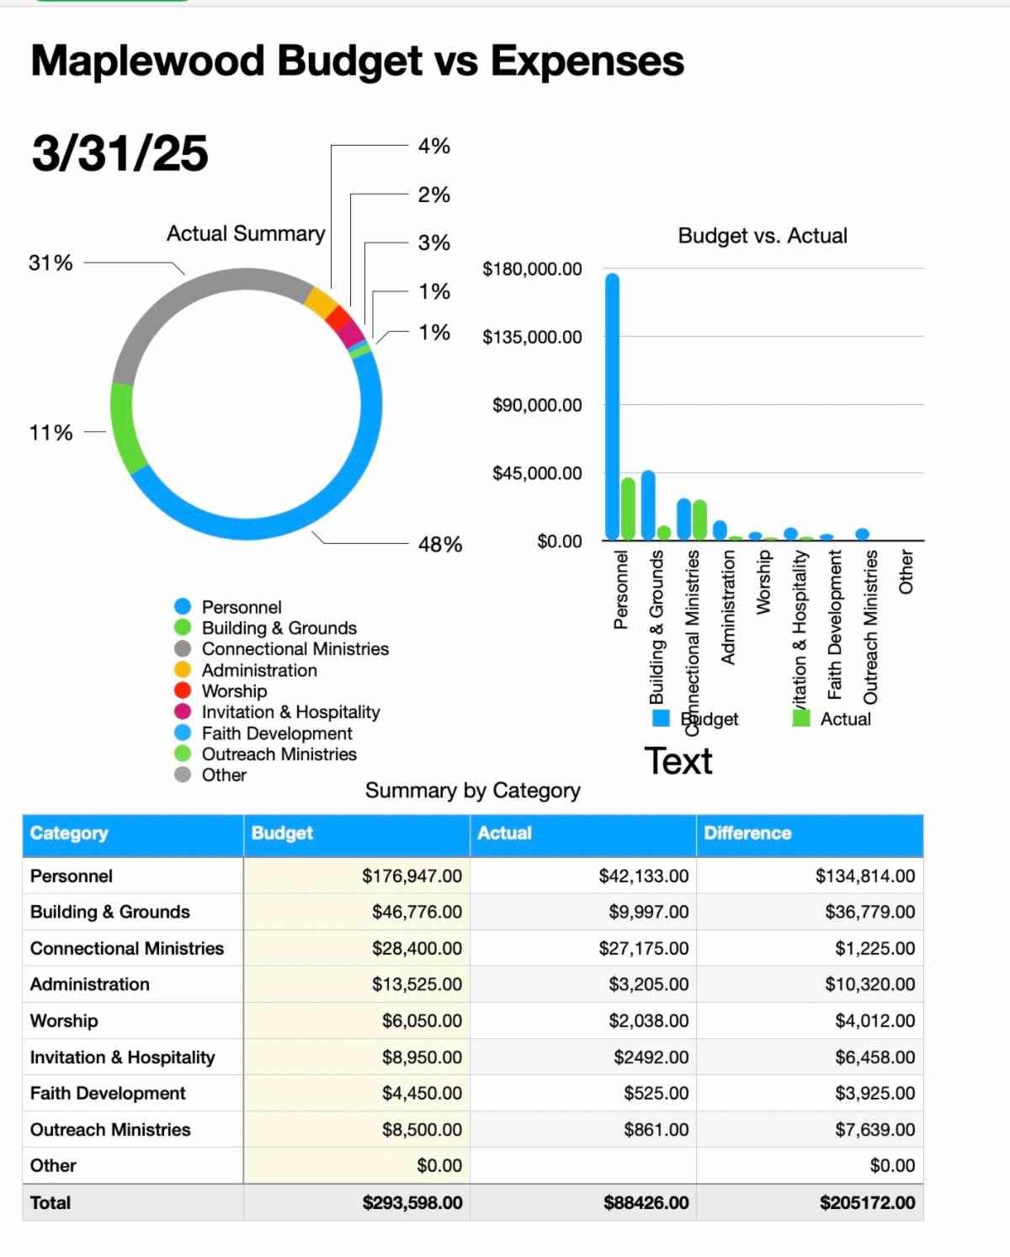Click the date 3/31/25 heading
(x=120, y=153)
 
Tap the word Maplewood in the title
(x=147, y=61)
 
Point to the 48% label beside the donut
(x=440, y=545)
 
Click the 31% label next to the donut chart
(x=50, y=264)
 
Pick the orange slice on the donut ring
(x=320, y=301)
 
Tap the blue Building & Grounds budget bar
(x=648, y=505)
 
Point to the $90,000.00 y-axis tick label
(x=537, y=405)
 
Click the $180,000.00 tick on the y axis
(x=532, y=269)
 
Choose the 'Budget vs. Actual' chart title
(x=763, y=236)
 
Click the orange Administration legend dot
(x=183, y=670)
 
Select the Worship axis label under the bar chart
(x=763, y=582)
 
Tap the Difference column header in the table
(x=747, y=834)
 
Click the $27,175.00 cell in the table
(x=643, y=949)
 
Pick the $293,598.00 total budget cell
(x=412, y=1203)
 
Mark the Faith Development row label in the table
(x=108, y=1094)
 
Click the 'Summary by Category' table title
(x=473, y=791)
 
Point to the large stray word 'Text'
(x=678, y=761)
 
